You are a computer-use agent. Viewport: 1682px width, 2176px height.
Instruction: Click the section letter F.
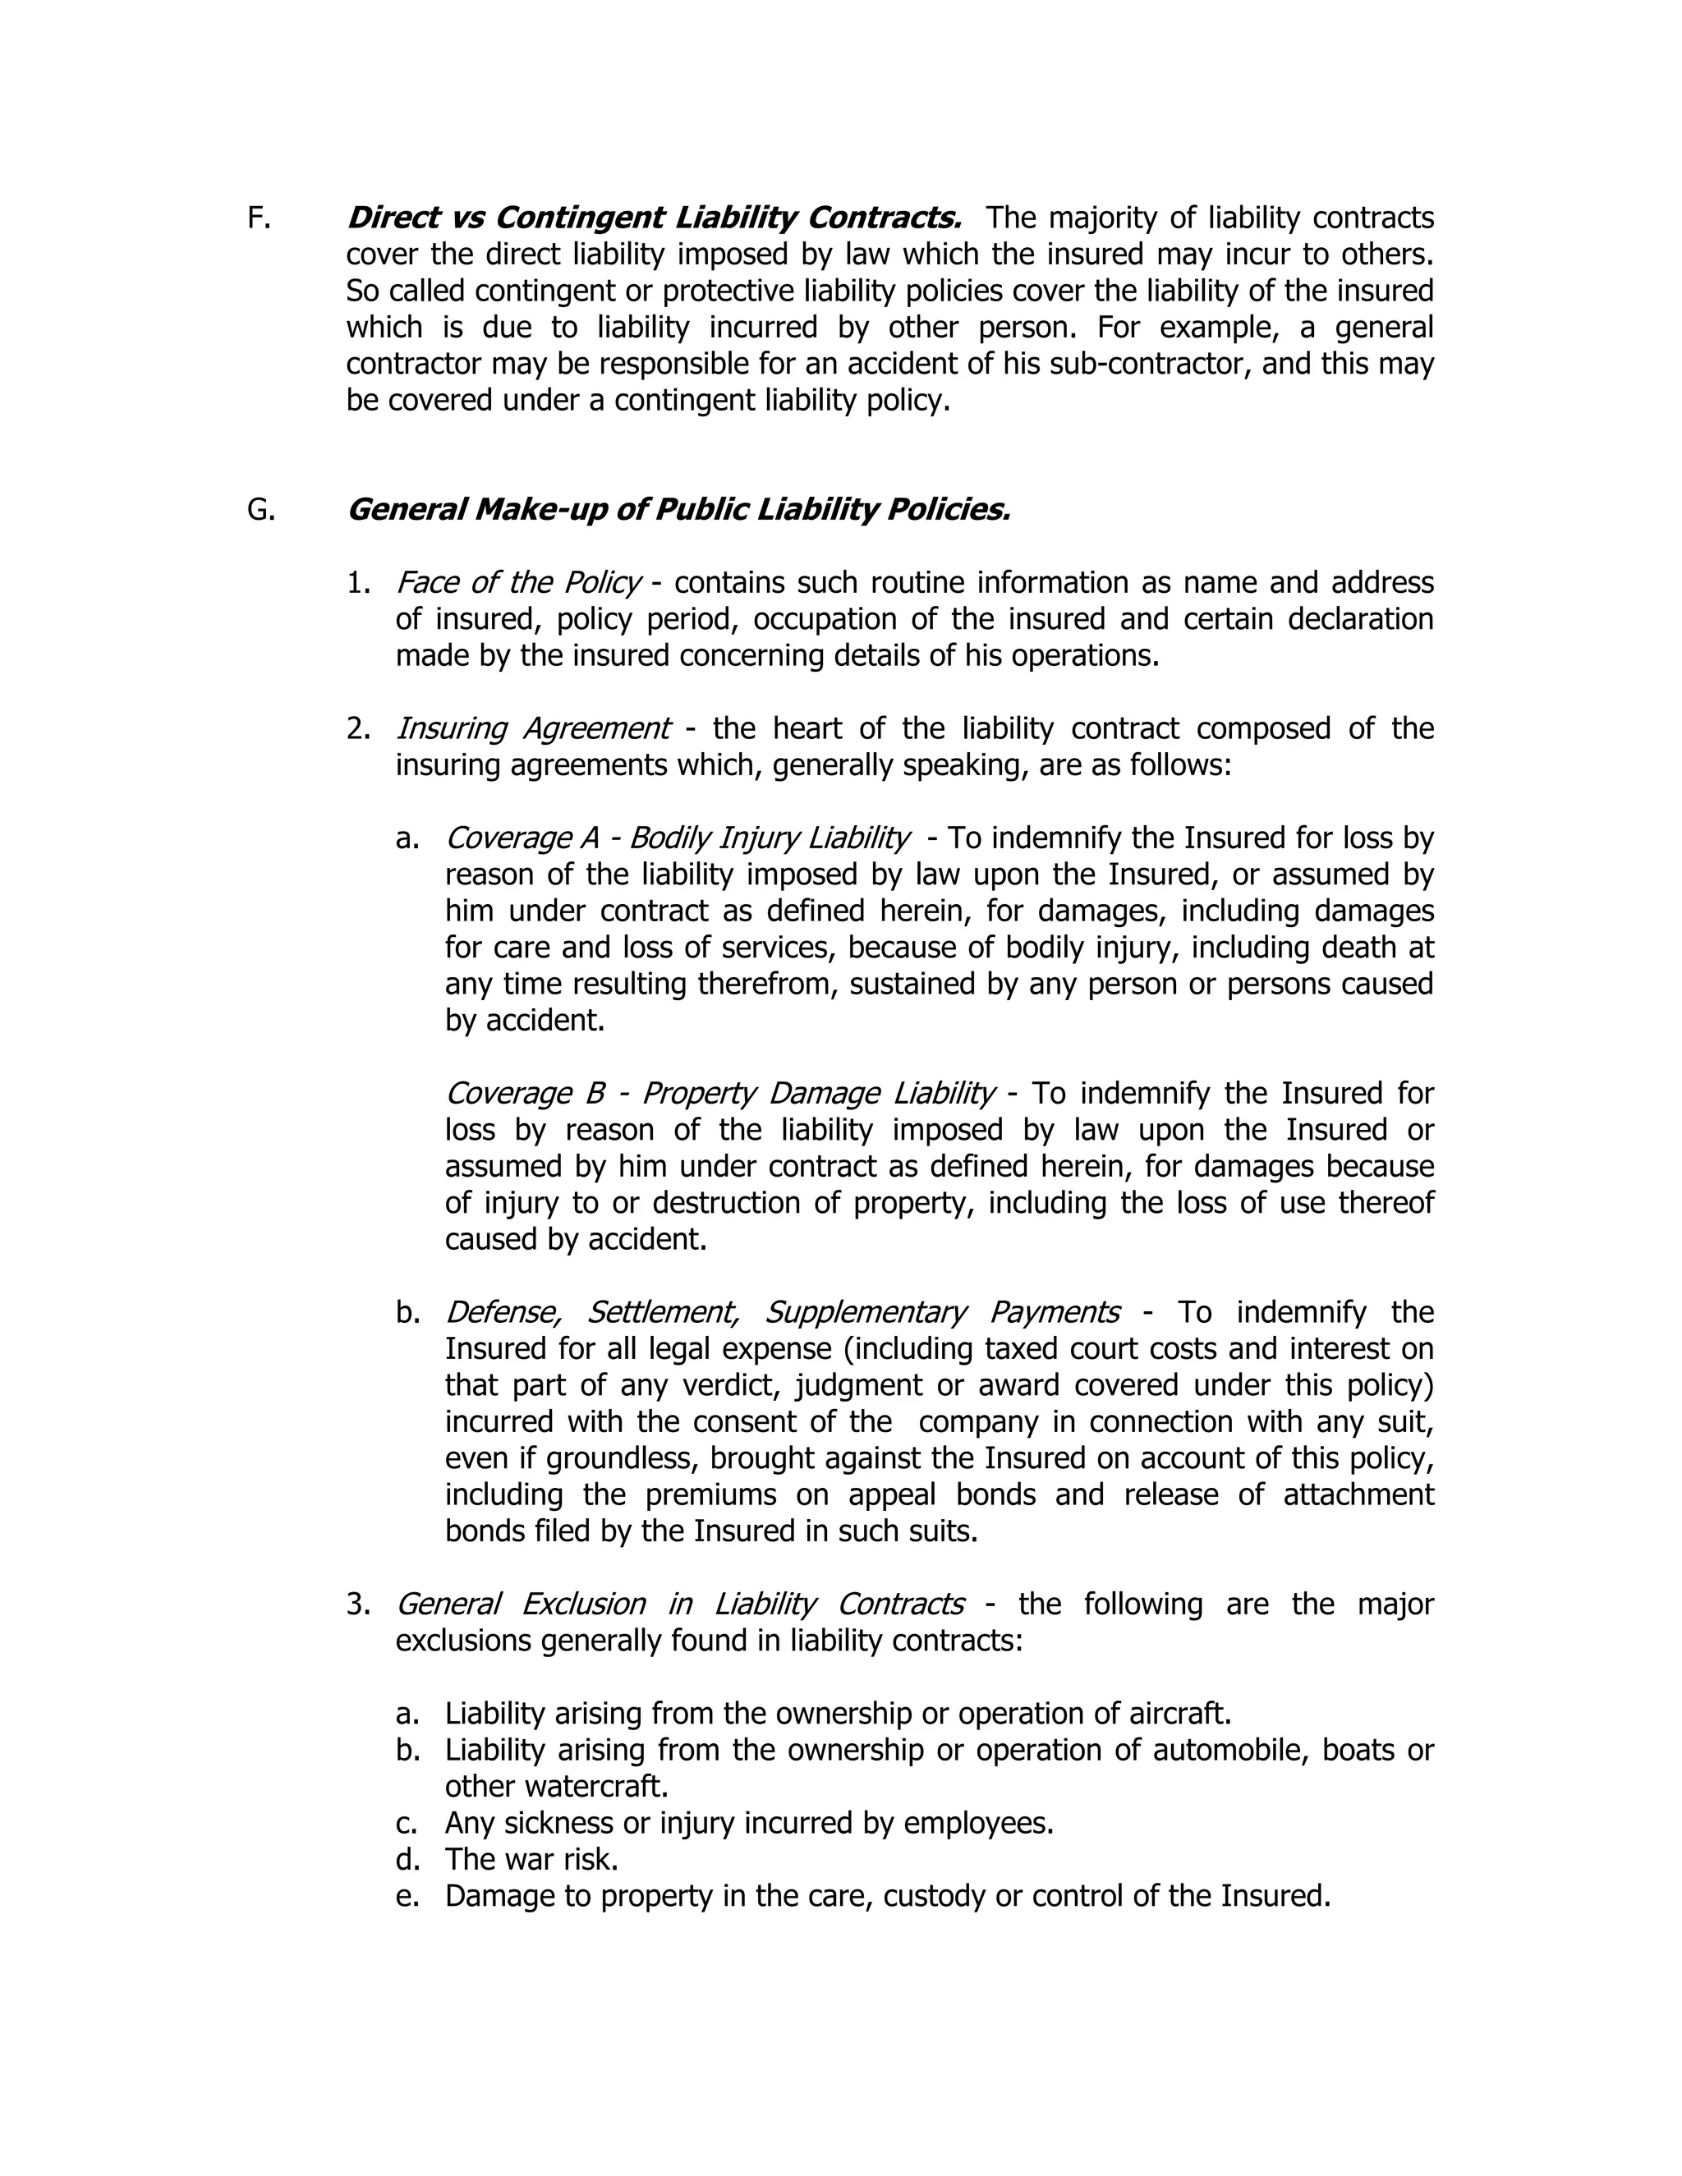(258, 218)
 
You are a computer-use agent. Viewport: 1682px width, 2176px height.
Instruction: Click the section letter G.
(260, 510)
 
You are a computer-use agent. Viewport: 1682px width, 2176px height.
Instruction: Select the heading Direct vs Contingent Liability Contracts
(654, 218)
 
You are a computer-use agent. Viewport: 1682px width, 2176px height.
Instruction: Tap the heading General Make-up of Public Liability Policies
(678, 510)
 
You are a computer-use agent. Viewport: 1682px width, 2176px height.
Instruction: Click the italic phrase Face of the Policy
(517, 583)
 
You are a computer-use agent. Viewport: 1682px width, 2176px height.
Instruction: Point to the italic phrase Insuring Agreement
(532, 728)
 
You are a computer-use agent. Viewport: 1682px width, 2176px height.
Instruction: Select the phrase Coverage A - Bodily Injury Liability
(677, 838)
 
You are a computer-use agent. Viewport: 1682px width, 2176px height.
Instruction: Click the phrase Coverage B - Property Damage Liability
(719, 1093)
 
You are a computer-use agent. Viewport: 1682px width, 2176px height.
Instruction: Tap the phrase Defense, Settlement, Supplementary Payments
(781, 1312)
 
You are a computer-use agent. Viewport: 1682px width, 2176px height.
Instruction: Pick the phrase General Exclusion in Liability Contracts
(678, 1604)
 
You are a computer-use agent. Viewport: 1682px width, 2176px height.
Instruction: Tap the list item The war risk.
(531, 1859)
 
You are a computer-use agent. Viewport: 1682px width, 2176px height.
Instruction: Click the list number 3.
(358, 1605)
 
